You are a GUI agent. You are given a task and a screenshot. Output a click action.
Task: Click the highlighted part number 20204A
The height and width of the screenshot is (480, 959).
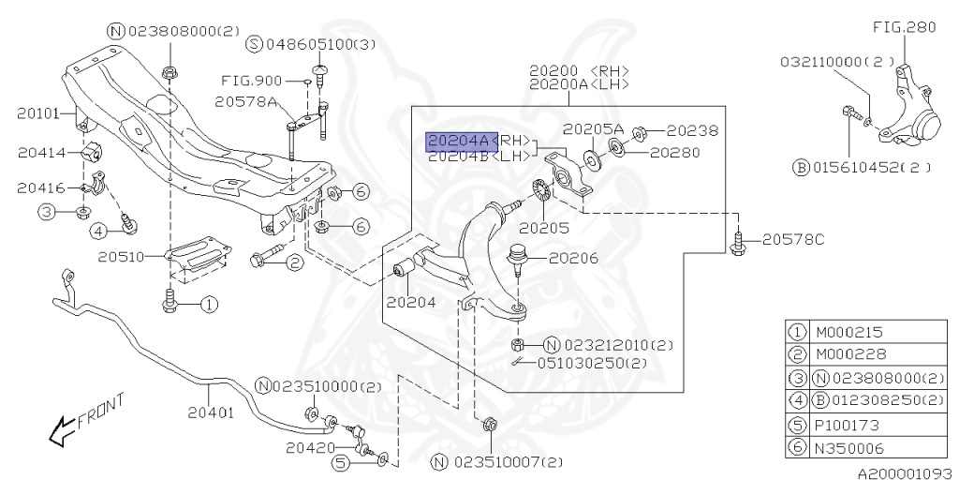pyautogui.click(x=458, y=142)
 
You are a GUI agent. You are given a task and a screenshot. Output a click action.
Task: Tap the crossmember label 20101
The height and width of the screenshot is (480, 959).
pyautogui.click(x=37, y=114)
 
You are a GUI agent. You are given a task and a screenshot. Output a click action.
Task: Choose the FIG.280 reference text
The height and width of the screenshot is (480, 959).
pyautogui.click(x=903, y=28)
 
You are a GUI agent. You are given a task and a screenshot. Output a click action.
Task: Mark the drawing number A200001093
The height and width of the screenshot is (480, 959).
pyautogui.click(x=903, y=472)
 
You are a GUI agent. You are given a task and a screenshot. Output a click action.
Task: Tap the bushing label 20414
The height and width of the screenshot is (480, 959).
pyautogui.click(x=38, y=152)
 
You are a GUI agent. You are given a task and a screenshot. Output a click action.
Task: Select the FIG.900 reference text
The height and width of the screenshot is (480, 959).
pyautogui.click(x=248, y=81)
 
